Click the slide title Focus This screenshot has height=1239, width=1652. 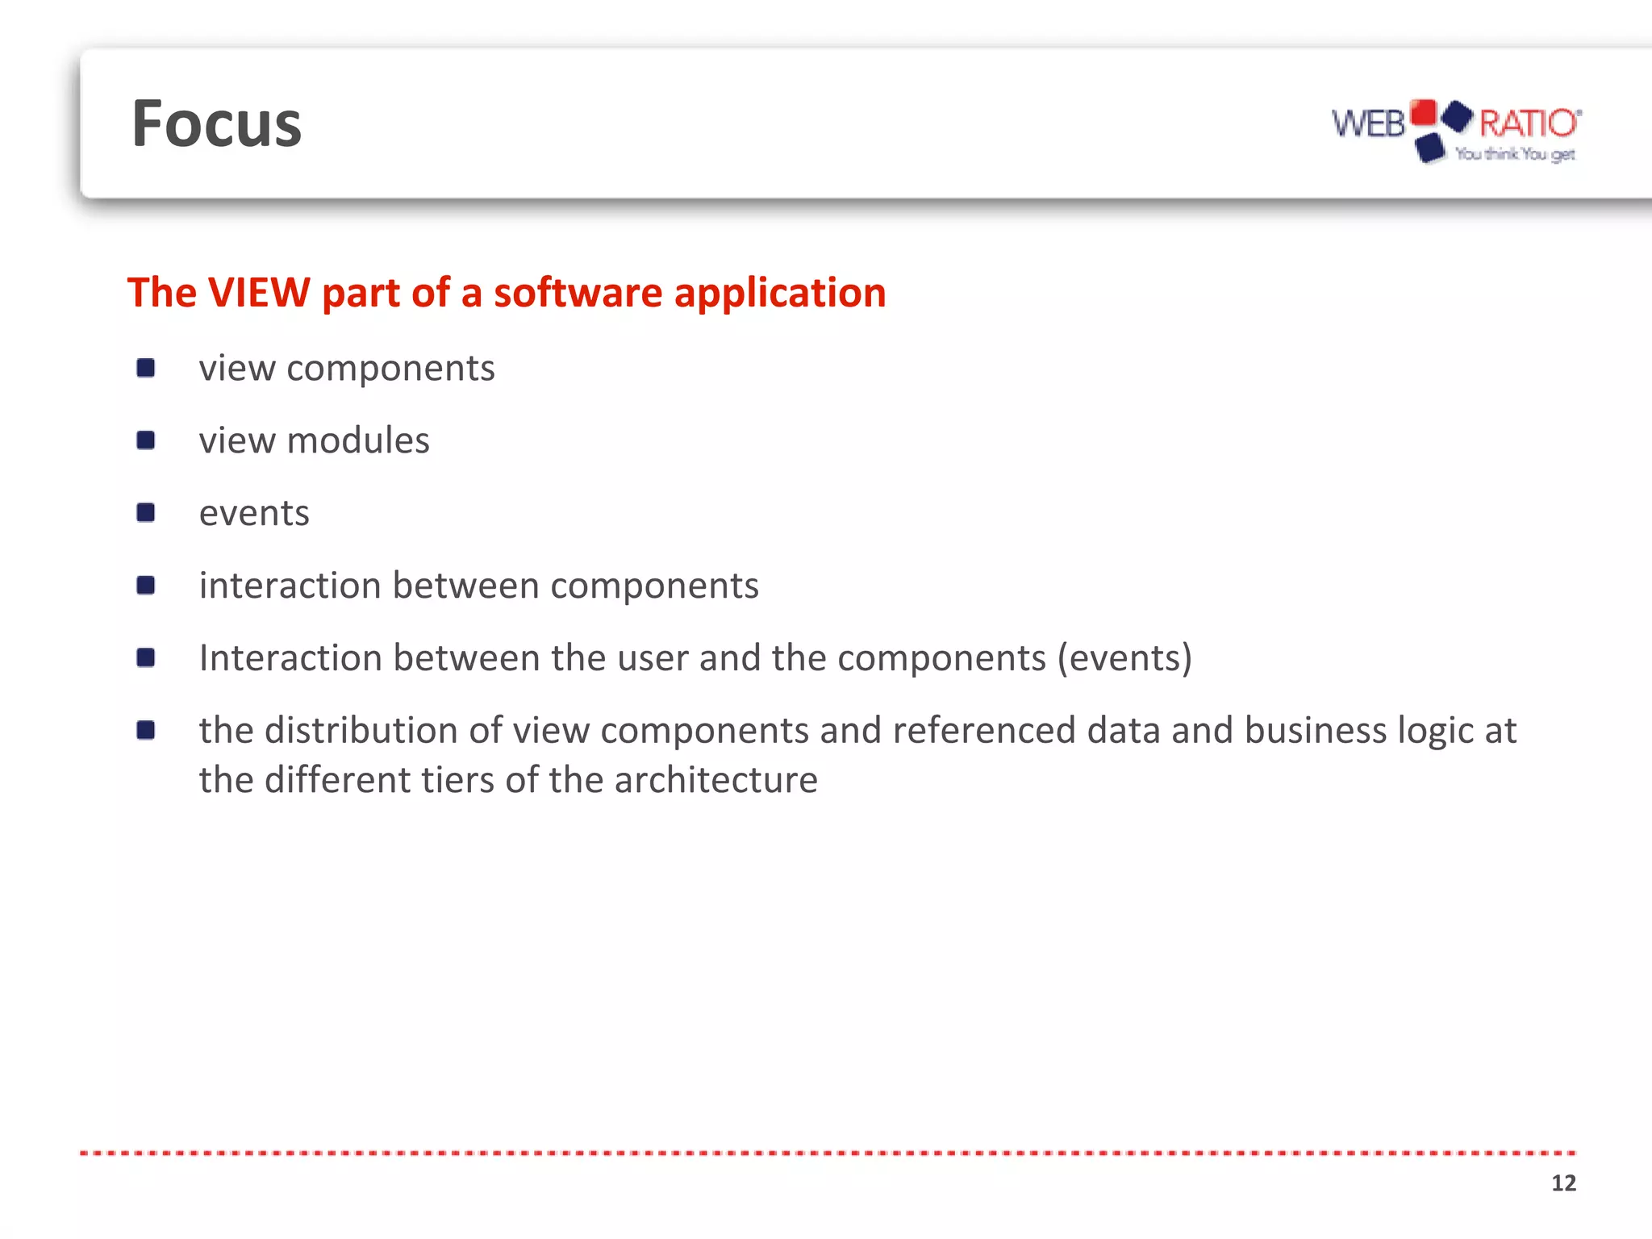(216, 124)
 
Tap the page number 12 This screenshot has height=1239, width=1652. (1563, 1183)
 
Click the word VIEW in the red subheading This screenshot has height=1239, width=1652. (259, 292)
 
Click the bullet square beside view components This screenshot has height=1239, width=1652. (146, 369)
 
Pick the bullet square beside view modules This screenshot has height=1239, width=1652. (146, 440)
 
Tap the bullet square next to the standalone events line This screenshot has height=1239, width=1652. (146, 513)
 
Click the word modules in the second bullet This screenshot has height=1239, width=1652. (358, 441)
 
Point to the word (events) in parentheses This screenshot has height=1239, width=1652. (1124, 658)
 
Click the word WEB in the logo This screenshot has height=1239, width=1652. (1368, 124)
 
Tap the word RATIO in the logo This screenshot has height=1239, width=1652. (1528, 123)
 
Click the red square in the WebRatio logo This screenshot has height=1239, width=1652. (1424, 112)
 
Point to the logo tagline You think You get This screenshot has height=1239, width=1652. (1515, 154)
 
